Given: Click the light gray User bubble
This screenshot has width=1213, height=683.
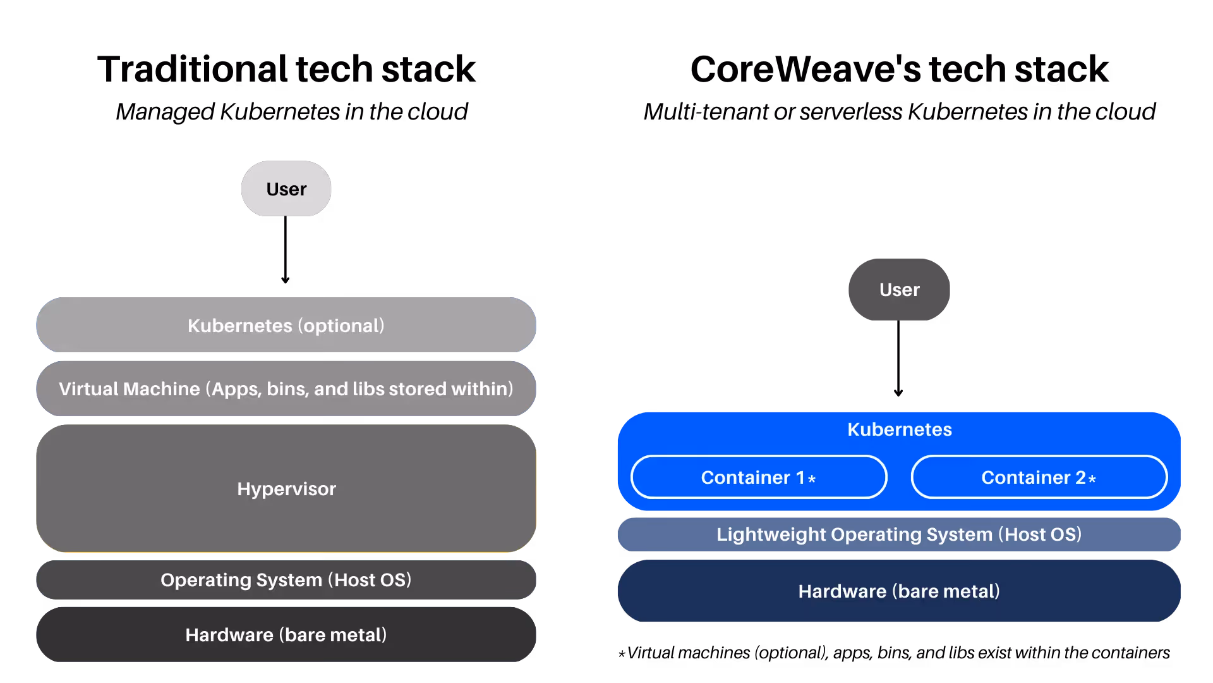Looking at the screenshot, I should click(x=286, y=188).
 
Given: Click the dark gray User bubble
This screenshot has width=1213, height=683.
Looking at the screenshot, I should click(x=899, y=290).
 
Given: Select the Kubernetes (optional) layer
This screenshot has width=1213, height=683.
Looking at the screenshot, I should click(x=286, y=325).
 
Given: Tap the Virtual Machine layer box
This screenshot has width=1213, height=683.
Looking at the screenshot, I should click(x=286, y=388).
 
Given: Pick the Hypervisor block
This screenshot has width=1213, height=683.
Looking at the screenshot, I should click(x=286, y=488).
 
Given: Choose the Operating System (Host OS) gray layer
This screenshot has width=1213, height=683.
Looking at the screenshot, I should click(x=286, y=579).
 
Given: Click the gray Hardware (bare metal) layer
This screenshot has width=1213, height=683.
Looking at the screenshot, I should click(x=286, y=634).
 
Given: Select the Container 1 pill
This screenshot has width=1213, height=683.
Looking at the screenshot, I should click(x=758, y=477).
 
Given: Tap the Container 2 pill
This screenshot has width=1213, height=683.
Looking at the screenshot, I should click(x=1038, y=477).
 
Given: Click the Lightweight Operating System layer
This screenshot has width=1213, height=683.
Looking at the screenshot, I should click(x=899, y=534).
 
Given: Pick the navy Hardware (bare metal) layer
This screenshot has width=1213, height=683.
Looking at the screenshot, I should click(x=899, y=591).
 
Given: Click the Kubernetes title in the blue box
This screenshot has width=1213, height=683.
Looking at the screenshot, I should click(x=899, y=429).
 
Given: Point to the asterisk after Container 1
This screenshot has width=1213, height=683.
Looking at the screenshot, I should click(x=812, y=479).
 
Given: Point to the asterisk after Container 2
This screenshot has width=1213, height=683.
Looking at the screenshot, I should click(x=1092, y=479).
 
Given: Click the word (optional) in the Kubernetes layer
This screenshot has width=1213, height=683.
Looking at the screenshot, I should click(x=341, y=326).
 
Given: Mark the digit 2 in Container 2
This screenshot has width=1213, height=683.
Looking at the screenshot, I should click(x=1080, y=477).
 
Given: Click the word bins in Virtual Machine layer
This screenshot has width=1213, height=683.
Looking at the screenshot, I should click(x=287, y=388).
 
